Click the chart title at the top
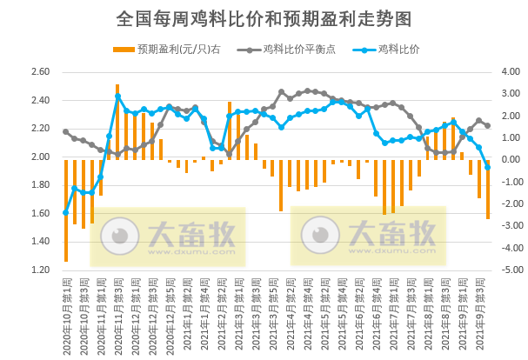(264, 18)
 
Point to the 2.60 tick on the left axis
(40, 72)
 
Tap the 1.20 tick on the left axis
(40, 270)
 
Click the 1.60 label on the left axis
(40, 214)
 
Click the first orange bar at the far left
(66, 210)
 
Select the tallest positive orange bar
(117, 122)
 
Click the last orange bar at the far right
(488, 190)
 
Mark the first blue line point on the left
(66, 212)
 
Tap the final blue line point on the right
(488, 167)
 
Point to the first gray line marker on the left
(66, 132)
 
